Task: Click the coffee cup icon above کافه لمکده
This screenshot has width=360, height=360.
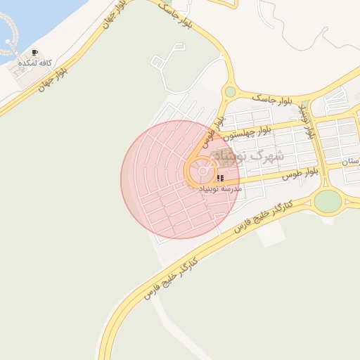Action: point(35,53)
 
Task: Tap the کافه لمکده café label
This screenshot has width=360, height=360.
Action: point(35,62)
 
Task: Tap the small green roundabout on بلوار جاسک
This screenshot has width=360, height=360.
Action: point(230,91)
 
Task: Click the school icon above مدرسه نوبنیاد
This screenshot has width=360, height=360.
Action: point(220,179)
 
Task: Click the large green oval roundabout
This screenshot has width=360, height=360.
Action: point(328,201)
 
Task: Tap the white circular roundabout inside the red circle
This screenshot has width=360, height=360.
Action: point(203,172)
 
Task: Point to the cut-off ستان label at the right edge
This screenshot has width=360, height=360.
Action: point(351,162)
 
